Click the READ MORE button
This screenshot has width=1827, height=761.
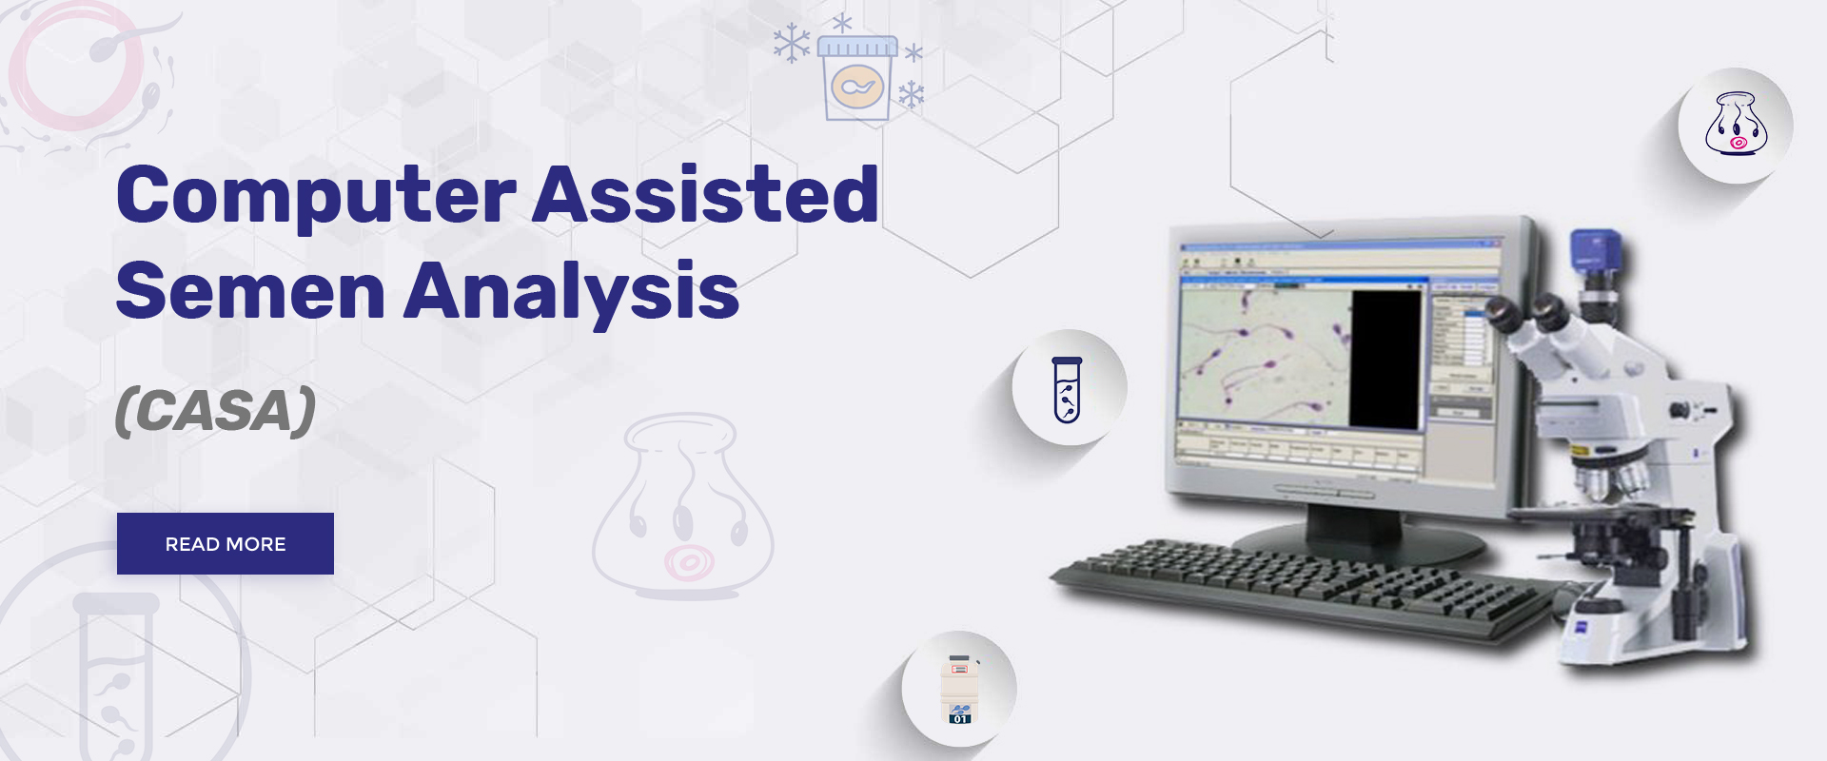(226, 543)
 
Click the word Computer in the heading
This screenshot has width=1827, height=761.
(316, 196)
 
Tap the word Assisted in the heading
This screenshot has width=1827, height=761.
(705, 194)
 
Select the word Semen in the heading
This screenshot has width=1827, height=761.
(250, 291)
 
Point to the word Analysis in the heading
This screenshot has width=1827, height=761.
(571, 291)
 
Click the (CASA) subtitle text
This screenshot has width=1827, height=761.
(215, 411)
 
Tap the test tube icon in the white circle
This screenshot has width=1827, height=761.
(1068, 389)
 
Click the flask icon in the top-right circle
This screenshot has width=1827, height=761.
(1736, 125)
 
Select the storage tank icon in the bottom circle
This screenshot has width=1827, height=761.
(960, 689)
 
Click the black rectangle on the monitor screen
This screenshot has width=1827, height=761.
(1385, 360)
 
